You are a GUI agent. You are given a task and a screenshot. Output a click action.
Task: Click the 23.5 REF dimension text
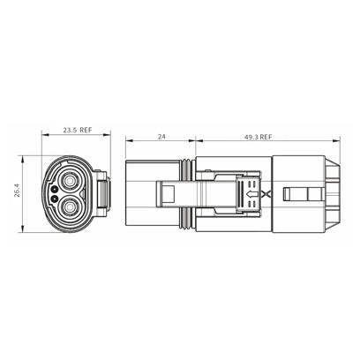coord(78,130)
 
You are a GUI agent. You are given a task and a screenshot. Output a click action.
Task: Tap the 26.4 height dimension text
coord(17,191)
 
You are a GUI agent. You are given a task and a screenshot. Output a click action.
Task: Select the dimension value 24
coord(161,137)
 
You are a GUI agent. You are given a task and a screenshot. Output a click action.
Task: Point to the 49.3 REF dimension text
coord(258,137)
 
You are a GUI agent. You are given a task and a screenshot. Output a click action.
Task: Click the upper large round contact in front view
coord(71,179)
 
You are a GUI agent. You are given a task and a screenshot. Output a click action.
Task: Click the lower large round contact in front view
coord(71,208)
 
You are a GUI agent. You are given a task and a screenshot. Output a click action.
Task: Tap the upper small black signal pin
coord(54,189)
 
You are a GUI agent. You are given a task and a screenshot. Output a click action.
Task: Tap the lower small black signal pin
coord(54,199)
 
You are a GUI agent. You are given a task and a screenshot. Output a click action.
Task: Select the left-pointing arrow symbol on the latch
coord(251,194)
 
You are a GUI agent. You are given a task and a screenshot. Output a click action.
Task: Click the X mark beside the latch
coord(266,194)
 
